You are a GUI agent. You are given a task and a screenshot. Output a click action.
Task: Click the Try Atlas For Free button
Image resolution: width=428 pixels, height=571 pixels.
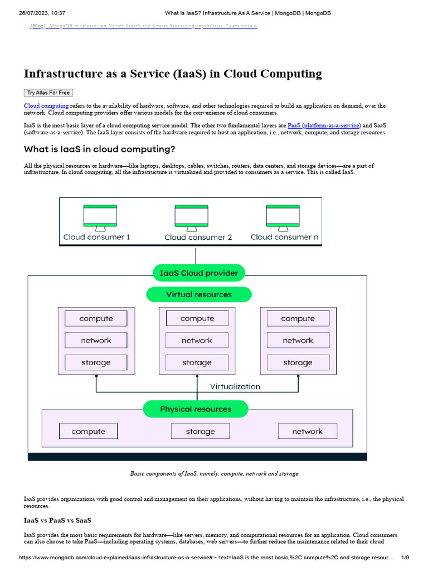[48, 93]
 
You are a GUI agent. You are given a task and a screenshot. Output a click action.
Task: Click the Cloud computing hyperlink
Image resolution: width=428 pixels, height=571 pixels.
[46, 105]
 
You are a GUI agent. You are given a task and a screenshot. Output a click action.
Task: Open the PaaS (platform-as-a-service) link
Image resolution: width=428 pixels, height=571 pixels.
[324, 125]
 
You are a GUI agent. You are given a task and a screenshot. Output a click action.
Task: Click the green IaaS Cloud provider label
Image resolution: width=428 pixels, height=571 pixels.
[198, 273]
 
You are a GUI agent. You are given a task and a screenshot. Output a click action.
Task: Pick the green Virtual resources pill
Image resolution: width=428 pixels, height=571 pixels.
[198, 294]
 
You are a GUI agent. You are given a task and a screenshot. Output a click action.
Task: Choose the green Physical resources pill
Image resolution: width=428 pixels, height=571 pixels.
[195, 409]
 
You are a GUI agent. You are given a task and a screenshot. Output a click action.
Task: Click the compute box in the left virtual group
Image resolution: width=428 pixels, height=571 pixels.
[96, 318]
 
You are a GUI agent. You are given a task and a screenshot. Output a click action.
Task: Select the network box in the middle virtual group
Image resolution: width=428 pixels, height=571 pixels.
[197, 340]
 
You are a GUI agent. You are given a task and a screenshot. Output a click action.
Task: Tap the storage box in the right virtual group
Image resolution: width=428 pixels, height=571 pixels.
[298, 362]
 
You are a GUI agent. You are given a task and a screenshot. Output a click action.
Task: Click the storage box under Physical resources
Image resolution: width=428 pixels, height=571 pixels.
[200, 431]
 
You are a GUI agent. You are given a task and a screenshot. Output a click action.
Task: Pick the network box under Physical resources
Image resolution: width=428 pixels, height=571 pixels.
[307, 431]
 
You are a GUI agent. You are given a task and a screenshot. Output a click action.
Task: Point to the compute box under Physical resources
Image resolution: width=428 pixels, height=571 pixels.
[88, 431]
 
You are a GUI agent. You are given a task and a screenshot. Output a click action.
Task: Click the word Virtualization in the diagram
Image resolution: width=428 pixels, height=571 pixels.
[235, 386]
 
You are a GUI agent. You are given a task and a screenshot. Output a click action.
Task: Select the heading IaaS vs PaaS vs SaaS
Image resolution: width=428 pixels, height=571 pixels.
[57, 520]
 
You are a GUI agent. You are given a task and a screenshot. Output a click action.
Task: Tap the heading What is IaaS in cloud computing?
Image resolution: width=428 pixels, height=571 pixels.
[99, 149]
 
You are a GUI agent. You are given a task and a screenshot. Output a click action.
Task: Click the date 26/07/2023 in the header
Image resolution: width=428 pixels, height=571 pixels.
[35, 13]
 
